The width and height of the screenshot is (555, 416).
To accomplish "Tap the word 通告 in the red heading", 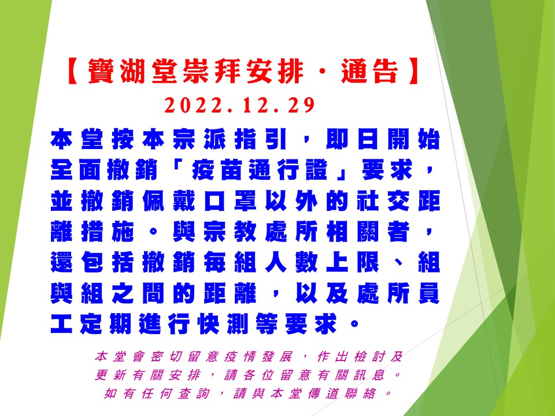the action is pos(370,70).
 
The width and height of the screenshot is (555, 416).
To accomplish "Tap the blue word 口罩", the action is pos(231,201).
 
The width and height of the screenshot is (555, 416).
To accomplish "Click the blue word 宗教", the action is pos(231,232).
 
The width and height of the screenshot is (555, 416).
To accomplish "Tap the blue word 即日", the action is pos(352,139).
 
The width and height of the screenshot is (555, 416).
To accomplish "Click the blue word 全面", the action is pos(76,170).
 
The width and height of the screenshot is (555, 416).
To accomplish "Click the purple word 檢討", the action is pos(370,356).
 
